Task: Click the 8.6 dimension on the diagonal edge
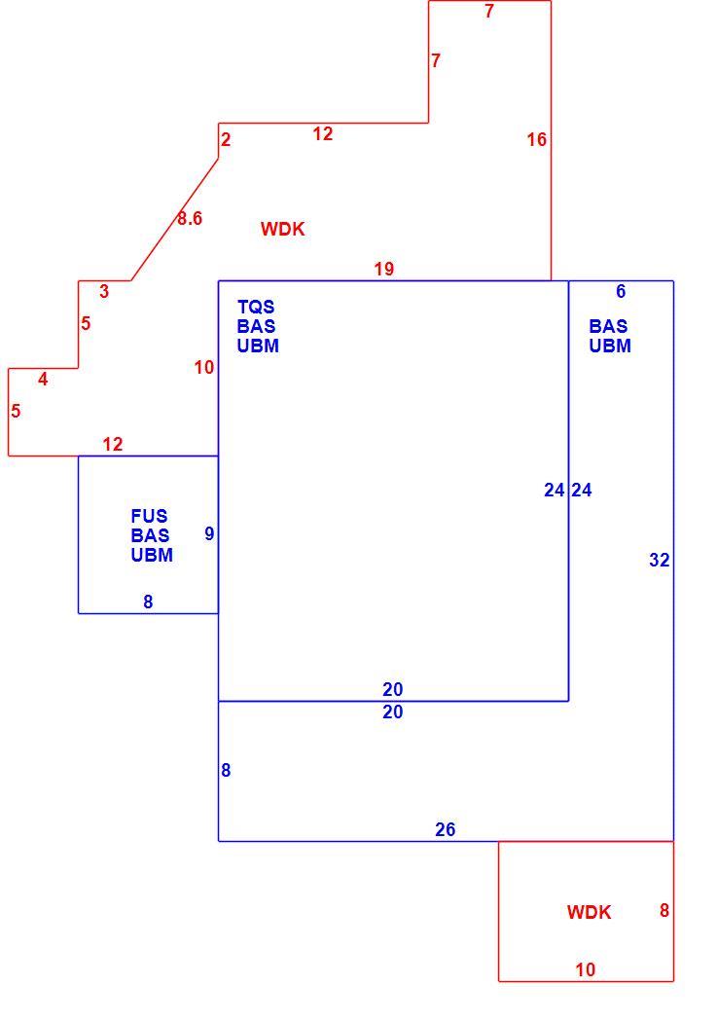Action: pos(190,218)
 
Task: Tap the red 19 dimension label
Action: pos(384,269)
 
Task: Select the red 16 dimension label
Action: pos(537,139)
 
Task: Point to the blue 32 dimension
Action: pos(659,560)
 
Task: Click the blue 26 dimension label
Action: pos(446,829)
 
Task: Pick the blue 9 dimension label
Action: pos(209,533)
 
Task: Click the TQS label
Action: pos(256,307)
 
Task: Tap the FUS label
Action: pos(149,516)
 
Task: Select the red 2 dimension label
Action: pos(226,139)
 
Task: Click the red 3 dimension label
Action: pos(104,291)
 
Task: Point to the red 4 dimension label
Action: pos(43,379)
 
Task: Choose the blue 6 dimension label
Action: pos(621,291)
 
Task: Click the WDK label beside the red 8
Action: pos(589,912)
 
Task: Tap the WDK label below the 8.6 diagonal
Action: pos(283,229)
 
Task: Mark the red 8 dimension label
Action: pos(664,910)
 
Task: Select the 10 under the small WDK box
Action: pos(586,969)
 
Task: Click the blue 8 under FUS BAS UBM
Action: pos(148,602)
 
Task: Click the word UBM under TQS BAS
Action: pos(258,346)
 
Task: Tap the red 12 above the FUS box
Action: pos(113,444)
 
